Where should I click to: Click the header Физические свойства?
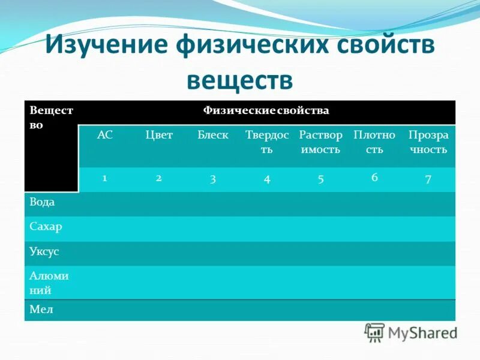click(x=266, y=111)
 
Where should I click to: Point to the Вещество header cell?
click(x=51, y=119)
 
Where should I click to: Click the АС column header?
click(x=105, y=135)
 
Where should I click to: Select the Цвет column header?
click(x=159, y=135)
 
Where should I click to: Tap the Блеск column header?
click(x=213, y=135)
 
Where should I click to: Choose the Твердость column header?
click(x=267, y=142)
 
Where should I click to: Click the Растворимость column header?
click(x=320, y=142)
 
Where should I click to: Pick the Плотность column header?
click(x=374, y=142)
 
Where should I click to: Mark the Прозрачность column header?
click(x=428, y=142)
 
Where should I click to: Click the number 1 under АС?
click(x=105, y=178)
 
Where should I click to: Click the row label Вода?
click(x=42, y=202)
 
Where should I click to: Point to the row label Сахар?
click(x=46, y=227)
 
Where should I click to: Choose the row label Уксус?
click(x=44, y=252)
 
